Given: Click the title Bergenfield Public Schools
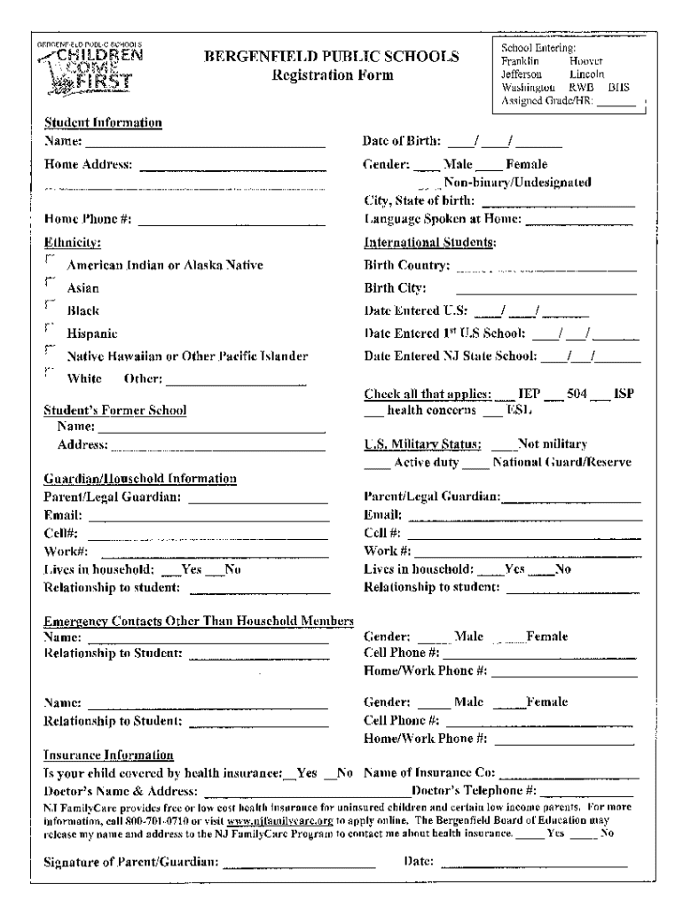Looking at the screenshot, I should click(332, 58).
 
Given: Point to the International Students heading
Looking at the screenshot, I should click(429, 242).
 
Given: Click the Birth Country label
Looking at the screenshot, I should click(406, 265).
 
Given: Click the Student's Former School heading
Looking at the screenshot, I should click(115, 411).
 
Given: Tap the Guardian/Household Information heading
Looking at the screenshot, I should click(140, 479).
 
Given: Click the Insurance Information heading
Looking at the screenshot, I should click(108, 755).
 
